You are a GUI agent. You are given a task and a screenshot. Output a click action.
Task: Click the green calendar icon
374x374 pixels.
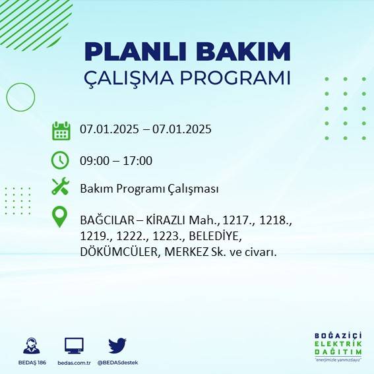tap(61, 130)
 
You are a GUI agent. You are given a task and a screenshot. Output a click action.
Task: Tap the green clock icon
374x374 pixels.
tap(61, 160)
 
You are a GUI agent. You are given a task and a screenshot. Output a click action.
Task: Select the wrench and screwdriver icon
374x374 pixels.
tap(61, 187)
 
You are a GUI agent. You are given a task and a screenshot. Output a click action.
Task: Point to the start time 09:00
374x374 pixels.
tap(94, 160)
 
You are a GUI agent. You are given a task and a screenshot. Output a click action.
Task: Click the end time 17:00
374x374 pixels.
tap(139, 160)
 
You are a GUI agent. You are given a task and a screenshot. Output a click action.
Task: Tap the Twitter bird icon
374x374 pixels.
tap(117, 346)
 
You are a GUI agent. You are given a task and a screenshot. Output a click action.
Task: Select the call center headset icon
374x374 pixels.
tap(30, 346)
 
